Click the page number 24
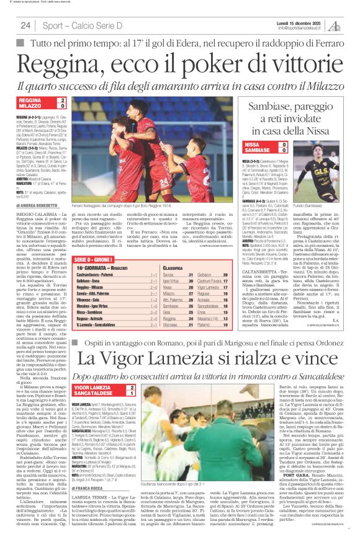(x=25, y=25)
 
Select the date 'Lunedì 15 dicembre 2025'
(x=300, y=22)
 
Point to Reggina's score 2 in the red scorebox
(x=62, y=100)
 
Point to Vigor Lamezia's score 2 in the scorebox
(x=131, y=386)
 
